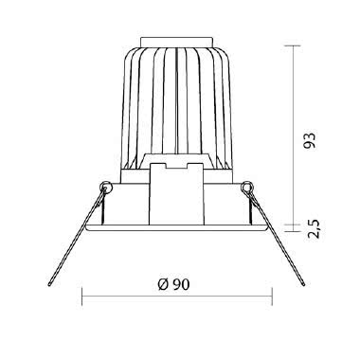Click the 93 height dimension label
pos(309,139)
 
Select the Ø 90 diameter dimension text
pos(178,284)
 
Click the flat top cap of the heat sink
pos(177,42)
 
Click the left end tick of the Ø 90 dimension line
pos(84,297)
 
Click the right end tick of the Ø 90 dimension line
pos(271,297)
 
